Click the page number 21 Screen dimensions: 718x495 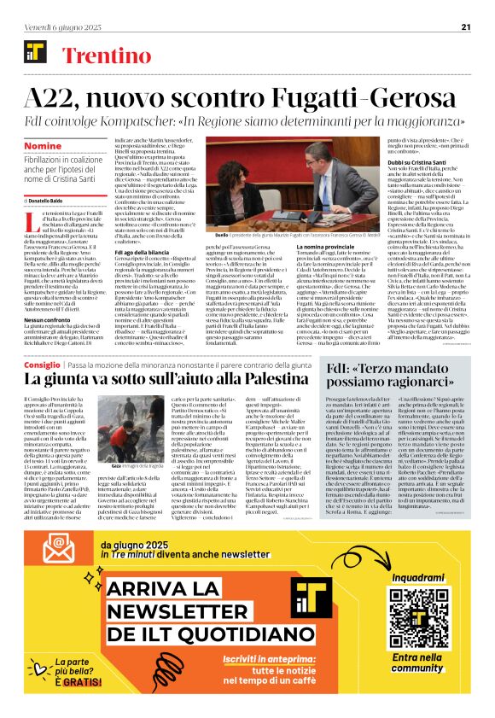click(x=466, y=26)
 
